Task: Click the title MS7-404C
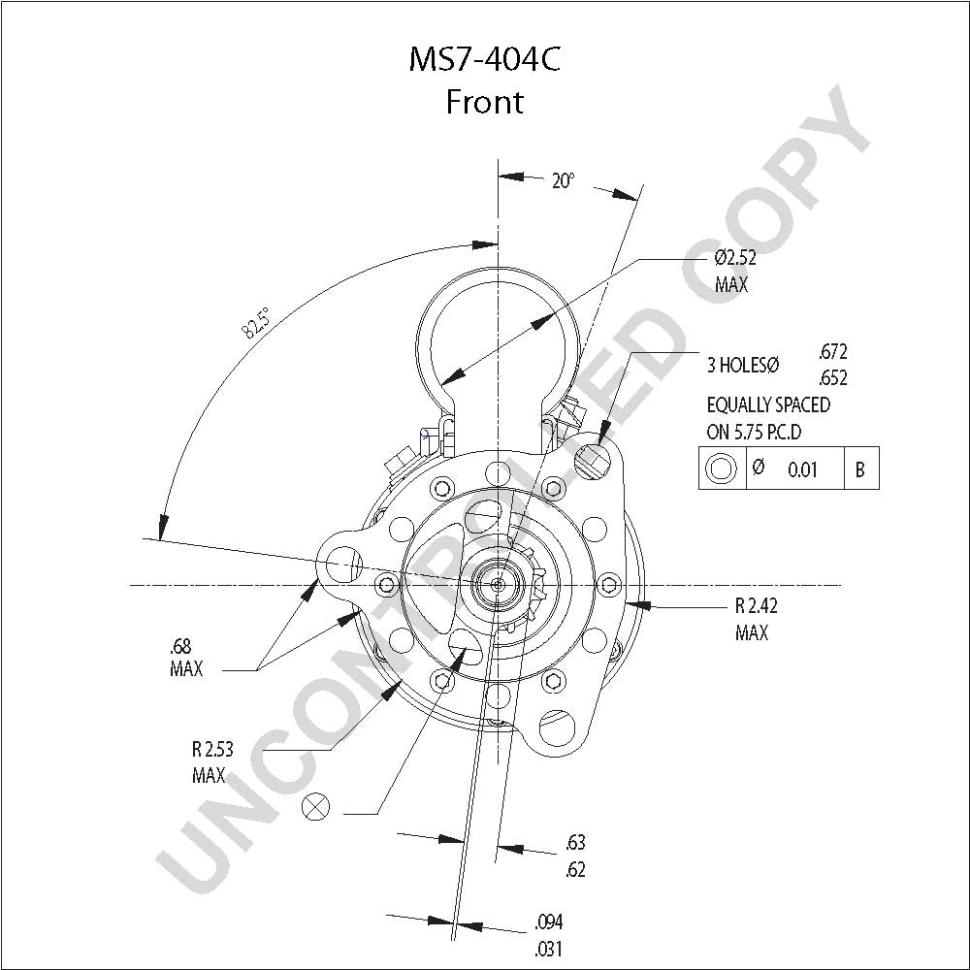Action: [484, 59]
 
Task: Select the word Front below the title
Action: [484, 102]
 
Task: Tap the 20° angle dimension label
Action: [563, 180]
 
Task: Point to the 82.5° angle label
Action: [255, 323]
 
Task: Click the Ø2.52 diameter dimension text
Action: [735, 257]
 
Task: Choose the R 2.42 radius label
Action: [756, 605]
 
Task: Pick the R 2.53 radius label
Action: [212, 749]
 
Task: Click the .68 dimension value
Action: [180, 646]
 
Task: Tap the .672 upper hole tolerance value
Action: [832, 352]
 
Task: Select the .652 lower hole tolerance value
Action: [832, 377]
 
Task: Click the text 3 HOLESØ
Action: [743, 365]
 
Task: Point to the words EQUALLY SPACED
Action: [768, 405]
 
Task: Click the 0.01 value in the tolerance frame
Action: [802, 470]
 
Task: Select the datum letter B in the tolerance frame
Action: [859, 470]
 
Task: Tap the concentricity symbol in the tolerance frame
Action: [721, 469]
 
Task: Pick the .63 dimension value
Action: [575, 843]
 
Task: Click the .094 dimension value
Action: [549, 922]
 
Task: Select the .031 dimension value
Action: [549, 949]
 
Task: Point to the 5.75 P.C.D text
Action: [767, 432]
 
